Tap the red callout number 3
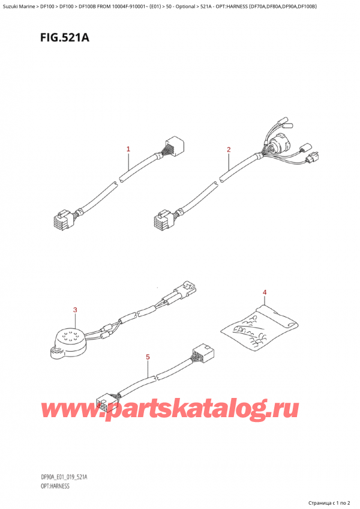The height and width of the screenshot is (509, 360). (75, 310)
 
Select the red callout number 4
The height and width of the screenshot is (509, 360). (265, 292)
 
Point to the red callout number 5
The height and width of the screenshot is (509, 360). (148, 357)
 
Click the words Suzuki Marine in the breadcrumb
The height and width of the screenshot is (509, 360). (22, 5)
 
